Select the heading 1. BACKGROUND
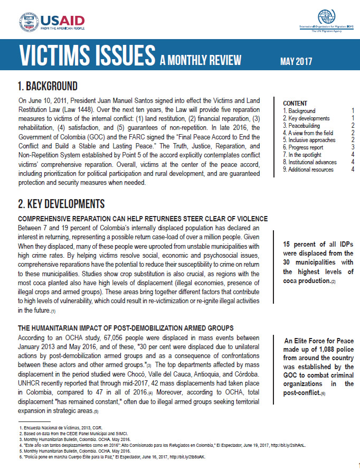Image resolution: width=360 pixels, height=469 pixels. (x=48, y=86)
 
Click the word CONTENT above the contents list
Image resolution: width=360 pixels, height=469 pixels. (x=295, y=104)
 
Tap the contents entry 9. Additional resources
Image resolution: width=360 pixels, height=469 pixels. (x=308, y=170)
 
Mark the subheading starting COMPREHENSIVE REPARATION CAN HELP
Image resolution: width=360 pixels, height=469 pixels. (x=143, y=218)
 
